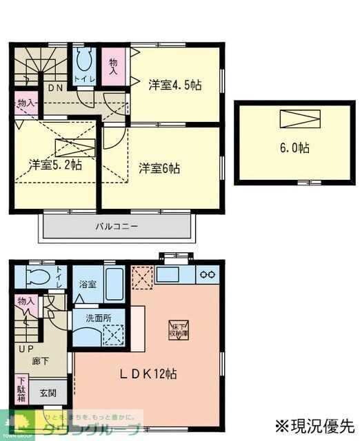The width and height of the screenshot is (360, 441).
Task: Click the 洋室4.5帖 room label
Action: tap(174, 86)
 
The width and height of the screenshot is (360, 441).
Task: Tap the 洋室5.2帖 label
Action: tap(56, 165)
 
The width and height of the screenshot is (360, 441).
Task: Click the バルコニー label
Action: tap(117, 225)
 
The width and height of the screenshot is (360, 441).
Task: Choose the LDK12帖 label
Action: tap(149, 373)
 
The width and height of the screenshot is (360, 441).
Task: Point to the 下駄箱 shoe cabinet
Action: tap(21, 389)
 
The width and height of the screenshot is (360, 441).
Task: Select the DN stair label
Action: tap(55, 88)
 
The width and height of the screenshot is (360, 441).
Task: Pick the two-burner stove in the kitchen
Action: tap(206, 274)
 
